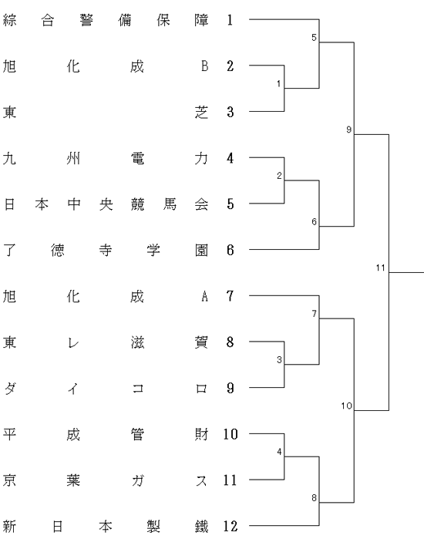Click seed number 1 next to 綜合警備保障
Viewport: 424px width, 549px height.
click(x=230, y=20)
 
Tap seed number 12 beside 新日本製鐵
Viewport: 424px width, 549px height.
click(x=231, y=526)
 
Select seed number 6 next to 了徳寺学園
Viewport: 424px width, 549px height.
click(x=230, y=250)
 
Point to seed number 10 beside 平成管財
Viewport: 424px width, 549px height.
click(x=231, y=434)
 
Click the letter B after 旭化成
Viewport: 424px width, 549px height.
click(x=205, y=66)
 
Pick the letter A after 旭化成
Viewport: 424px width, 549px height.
click(x=205, y=296)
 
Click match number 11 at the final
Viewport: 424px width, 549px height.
click(x=380, y=268)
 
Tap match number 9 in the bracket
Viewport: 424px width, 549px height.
click(x=348, y=130)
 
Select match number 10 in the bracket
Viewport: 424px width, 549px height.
click(x=346, y=406)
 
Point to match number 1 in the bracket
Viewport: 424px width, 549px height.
click(x=279, y=84)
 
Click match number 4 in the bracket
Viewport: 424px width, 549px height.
click(x=279, y=452)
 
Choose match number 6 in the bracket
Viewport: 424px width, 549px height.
click(x=314, y=221)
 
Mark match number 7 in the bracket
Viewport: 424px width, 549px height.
click(x=314, y=314)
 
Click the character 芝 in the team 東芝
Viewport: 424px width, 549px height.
click(x=201, y=112)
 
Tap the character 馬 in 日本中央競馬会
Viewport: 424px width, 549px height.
click(x=170, y=204)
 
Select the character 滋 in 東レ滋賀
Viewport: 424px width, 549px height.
click(x=137, y=342)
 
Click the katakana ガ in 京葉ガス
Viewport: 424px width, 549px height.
click(x=137, y=480)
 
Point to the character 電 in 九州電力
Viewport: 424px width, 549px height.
click(x=137, y=158)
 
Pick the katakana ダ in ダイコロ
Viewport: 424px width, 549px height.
click(x=10, y=389)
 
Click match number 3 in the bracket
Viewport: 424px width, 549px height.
click(x=279, y=359)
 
